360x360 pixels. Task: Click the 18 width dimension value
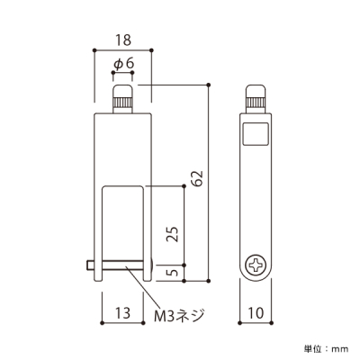coord(123,40)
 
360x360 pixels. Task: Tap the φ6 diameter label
coord(123,64)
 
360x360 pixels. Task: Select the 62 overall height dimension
coord(198,178)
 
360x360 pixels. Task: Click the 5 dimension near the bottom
coord(173,273)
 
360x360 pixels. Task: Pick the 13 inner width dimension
coord(123,312)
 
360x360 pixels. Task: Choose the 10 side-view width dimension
coord(256,312)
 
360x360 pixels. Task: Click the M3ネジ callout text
coord(179,316)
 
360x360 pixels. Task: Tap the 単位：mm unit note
coord(327,349)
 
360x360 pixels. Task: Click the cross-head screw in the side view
coord(256,265)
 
